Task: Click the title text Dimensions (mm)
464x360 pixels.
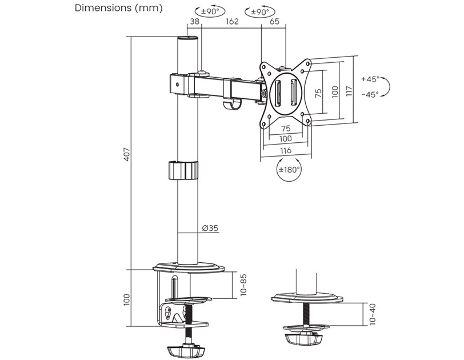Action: pos(119,8)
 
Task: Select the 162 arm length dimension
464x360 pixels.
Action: pos(231,22)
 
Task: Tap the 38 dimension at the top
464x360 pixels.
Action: pos(195,22)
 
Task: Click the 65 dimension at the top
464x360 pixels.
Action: pos(274,22)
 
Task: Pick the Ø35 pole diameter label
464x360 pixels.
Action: pos(210,229)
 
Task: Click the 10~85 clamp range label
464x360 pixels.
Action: pos(243,285)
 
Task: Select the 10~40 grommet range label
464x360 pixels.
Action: pos(373,314)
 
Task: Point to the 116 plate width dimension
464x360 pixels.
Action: pos(286,150)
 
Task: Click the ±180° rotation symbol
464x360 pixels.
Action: pos(289,170)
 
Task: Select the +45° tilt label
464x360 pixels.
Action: pos(370,79)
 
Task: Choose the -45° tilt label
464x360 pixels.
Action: pos(370,95)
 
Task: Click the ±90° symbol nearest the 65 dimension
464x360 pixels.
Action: pos(259,11)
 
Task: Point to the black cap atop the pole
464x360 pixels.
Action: pos(187,39)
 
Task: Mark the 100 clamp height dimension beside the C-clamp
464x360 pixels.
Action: pos(126,299)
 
